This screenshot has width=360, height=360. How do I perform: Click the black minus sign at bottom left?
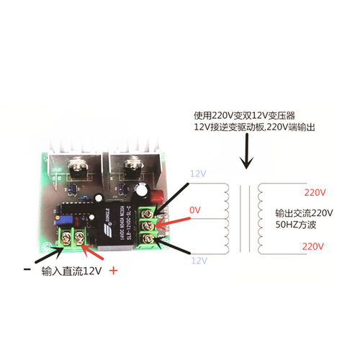pos(27,270)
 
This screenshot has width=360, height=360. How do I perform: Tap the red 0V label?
pos(195,210)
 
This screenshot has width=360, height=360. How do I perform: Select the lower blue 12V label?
pos(198,262)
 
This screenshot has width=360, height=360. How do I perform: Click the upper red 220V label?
pos(314,192)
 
